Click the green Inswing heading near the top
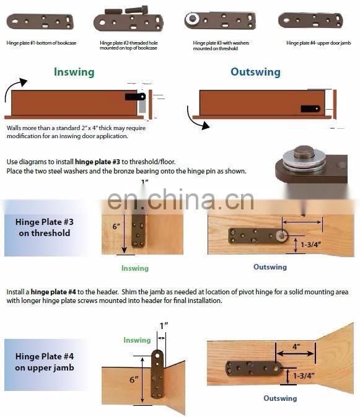(74, 72)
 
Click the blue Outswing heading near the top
(255, 72)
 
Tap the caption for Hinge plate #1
(42, 43)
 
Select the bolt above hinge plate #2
(136, 10)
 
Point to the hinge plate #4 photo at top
(310, 20)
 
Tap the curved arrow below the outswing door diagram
(197, 120)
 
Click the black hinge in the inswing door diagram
(135, 97)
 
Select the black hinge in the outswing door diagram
(310, 109)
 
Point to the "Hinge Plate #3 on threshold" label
(45, 227)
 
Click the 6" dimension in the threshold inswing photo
(116, 226)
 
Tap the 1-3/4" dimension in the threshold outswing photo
(310, 244)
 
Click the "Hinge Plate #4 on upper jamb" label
(45, 362)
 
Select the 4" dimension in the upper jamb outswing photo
(296, 346)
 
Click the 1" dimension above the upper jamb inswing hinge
(164, 326)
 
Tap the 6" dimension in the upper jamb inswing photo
(134, 379)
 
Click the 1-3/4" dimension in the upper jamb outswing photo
(304, 375)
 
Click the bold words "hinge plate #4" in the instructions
(53, 292)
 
